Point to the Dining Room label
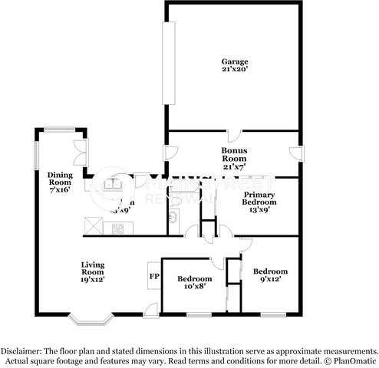(59, 181)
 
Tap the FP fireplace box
(154, 276)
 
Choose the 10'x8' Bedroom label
(194, 282)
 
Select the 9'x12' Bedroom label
(270, 274)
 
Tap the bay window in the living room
(91, 315)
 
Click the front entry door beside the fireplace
(151, 310)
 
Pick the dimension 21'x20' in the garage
(236, 69)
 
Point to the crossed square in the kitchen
(92, 226)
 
